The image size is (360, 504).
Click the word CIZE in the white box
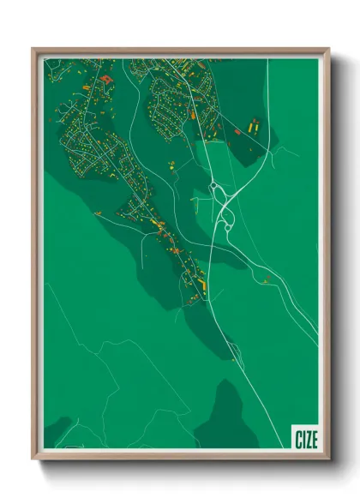pyautogui.click(x=306, y=439)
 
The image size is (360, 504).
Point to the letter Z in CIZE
pyautogui.click(x=309, y=439)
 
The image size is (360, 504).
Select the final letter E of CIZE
pyautogui.click(x=315, y=439)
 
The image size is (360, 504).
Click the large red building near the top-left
pyautogui.click(x=105, y=79)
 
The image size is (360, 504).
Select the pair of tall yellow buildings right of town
pyautogui.click(x=254, y=126)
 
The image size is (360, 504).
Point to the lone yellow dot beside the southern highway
pyautogui.click(x=230, y=345)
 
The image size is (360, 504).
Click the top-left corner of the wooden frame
pyautogui.click(x=33, y=49)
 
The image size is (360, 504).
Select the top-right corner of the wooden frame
pyautogui.click(x=328, y=49)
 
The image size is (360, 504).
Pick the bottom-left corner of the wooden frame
pyautogui.click(x=33, y=459)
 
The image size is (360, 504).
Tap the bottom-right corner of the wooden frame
pyautogui.click(x=328, y=459)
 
